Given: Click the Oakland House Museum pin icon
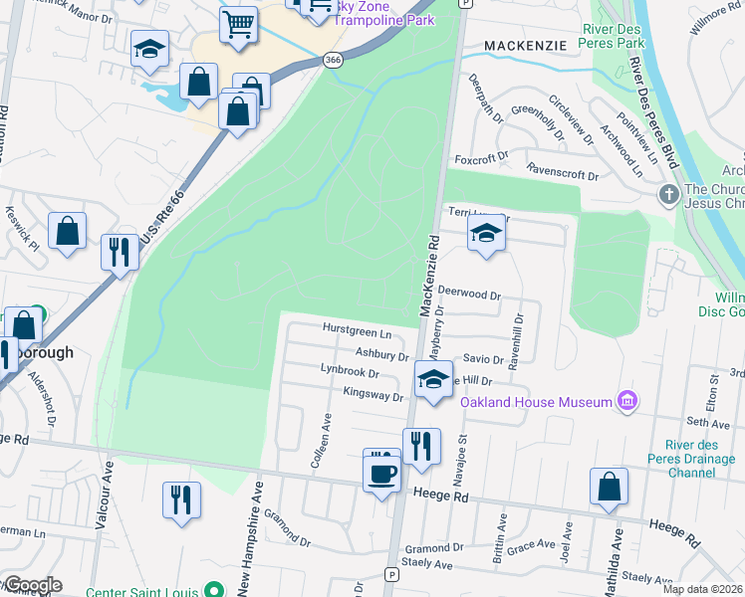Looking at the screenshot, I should point(626,401).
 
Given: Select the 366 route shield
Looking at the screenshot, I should point(333,61).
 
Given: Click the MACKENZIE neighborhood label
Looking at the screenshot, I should point(525,46).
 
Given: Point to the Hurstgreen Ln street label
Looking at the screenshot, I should point(356,329).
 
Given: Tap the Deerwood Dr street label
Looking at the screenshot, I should point(468,296).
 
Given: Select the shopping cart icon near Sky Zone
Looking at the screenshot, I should point(238,24).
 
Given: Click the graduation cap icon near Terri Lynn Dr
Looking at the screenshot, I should point(486,234).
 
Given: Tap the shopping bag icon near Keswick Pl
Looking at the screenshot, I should point(68,232).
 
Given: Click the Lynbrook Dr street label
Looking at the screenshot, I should point(351,373).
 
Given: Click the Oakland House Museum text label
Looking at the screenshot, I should point(535,402).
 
